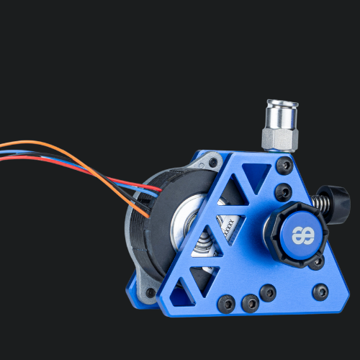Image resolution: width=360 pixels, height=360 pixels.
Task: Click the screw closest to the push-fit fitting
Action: click(x=285, y=166)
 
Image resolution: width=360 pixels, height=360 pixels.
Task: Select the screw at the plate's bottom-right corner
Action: click(x=320, y=292)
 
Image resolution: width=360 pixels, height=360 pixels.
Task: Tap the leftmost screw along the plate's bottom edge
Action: click(x=225, y=304)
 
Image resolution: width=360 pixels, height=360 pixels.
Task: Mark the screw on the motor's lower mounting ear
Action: click(x=150, y=293)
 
